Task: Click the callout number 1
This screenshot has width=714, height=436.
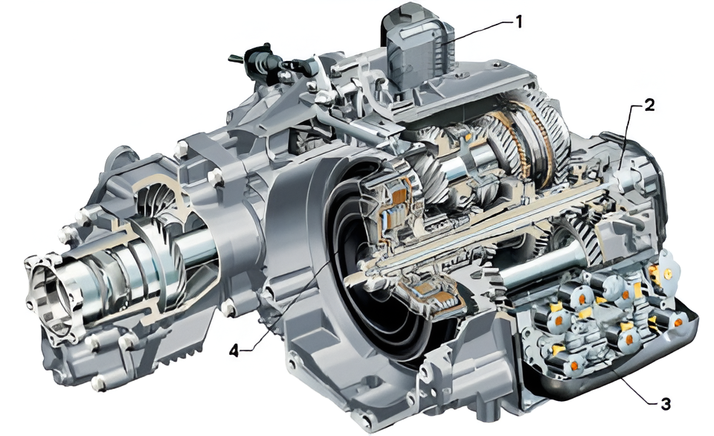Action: (x=518, y=21)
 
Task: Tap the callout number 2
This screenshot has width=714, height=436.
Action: (x=649, y=105)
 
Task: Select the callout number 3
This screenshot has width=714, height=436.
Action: (x=665, y=403)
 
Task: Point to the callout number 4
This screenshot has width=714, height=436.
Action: (x=234, y=350)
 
